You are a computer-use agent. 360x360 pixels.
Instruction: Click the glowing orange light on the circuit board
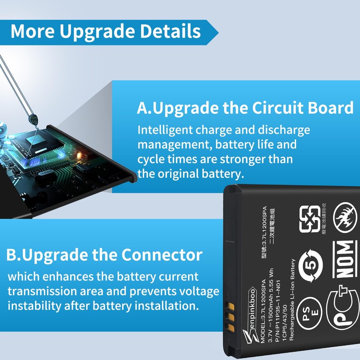click(x=81, y=156)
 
